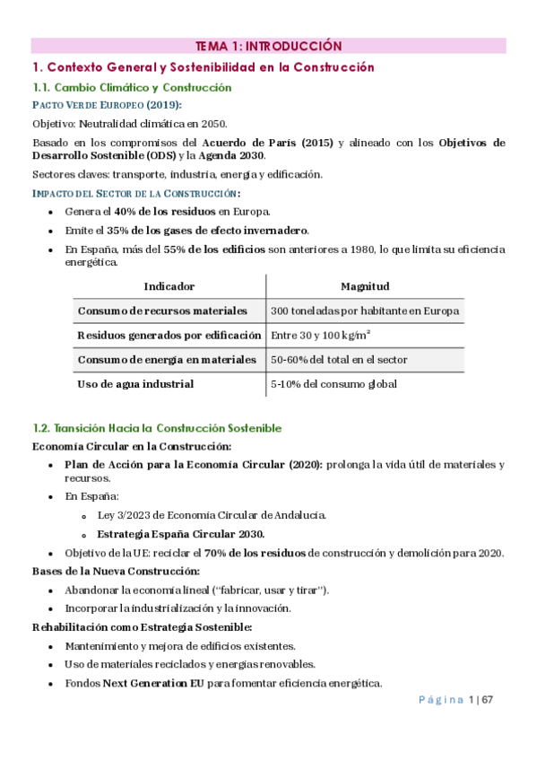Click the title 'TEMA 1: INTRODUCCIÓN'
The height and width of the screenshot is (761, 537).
[268, 46]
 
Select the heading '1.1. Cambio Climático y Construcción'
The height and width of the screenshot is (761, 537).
[132, 87]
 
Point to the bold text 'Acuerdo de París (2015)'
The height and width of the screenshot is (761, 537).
[268, 143]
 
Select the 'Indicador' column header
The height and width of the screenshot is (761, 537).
[169, 286]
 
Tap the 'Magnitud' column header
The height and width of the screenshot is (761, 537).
[365, 286]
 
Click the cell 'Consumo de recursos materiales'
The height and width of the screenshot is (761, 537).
[162, 311]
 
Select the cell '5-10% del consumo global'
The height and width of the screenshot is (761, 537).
[333, 384]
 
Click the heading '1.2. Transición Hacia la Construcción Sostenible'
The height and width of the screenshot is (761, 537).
[157, 428]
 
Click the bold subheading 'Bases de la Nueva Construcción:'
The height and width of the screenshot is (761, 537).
[116, 571]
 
